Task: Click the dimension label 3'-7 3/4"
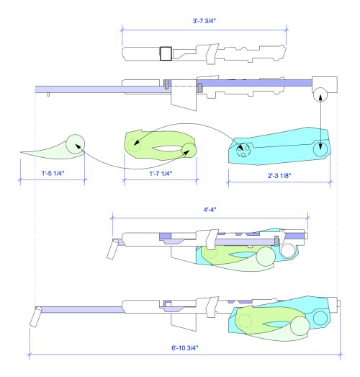tap(204, 21)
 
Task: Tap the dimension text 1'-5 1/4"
tap(53, 173)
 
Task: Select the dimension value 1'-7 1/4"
tap(161, 173)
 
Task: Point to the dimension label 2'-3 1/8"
tap(279, 175)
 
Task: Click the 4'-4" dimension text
tap(210, 210)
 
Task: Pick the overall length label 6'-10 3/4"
tap(185, 347)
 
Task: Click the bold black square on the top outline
tap(166, 53)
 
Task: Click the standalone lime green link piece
tap(160, 146)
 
